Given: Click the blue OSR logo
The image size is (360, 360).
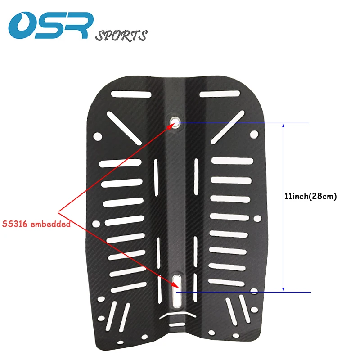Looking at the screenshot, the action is (51, 26).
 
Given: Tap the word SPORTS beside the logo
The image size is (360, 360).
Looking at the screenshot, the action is (121, 36).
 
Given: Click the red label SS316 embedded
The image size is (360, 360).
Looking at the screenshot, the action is (36, 224).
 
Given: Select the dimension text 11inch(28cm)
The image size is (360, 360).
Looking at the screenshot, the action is (310, 196).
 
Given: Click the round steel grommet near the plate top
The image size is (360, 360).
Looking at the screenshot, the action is (175, 121).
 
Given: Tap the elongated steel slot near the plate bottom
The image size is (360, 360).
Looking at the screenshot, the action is (177, 291).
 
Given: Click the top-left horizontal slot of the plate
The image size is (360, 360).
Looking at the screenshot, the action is (131, 94).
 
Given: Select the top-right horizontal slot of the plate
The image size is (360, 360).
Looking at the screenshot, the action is (220, 94).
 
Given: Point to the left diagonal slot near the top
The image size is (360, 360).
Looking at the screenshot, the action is (124, 128).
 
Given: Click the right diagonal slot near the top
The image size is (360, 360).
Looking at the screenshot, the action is (228, 127).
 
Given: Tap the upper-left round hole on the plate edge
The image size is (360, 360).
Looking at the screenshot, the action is (98, 136).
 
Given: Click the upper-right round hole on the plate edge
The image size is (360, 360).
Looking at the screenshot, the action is (254, 134).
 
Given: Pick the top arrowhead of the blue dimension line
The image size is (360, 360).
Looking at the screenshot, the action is (283, 126).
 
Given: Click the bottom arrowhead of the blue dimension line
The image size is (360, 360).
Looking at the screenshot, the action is (283, 289).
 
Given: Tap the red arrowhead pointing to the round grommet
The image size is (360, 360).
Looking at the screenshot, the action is (172, 126).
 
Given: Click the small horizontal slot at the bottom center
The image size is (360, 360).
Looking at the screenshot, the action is (177, 324).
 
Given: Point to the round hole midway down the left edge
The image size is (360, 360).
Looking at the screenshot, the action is (96, 224).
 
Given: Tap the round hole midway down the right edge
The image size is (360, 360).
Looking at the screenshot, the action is (257, 218).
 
